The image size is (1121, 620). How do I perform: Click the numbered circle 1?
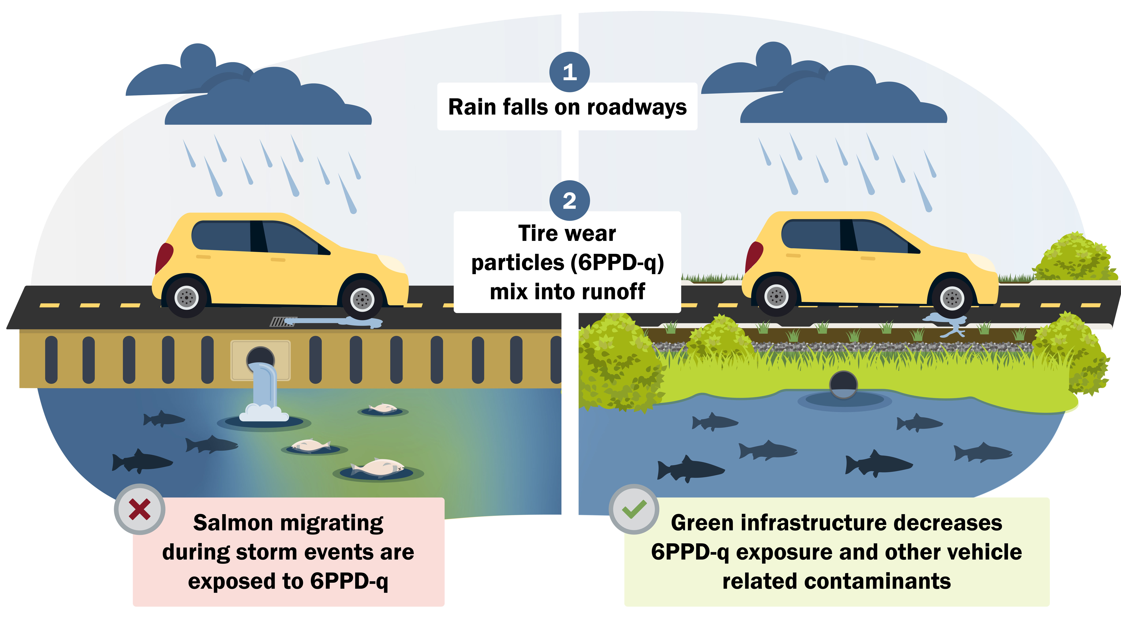tap(570, 72)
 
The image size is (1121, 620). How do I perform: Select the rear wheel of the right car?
tap(776, 297)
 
